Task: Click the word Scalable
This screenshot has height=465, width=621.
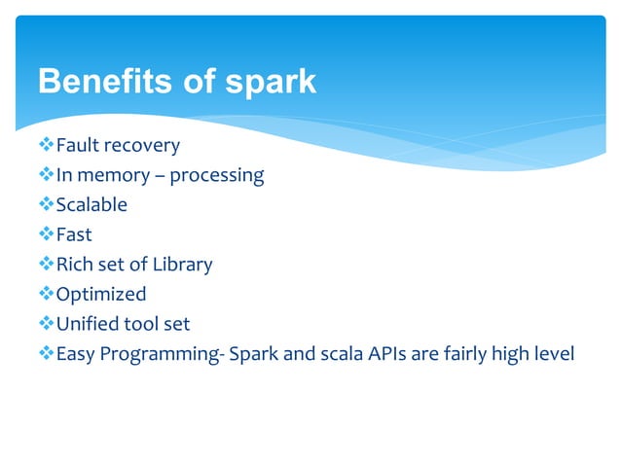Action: (91, 205)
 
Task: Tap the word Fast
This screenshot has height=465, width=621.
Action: (74, 234)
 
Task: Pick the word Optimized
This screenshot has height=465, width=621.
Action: (101, 295)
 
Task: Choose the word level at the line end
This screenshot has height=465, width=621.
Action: (553, 352)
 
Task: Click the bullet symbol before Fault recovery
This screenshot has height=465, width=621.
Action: (46, 146)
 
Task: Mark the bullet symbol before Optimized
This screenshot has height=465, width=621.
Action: (46, 294)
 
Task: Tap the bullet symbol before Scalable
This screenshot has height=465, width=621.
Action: (46, 205)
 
